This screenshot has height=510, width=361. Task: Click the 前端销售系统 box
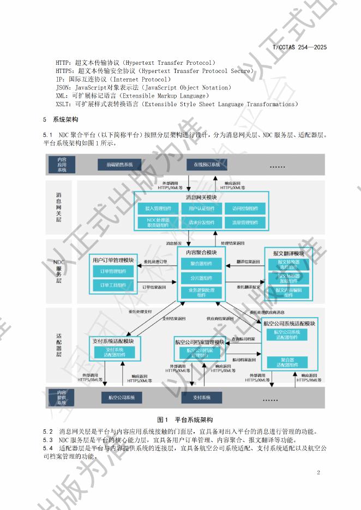119,165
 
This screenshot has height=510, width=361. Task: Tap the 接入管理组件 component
158,208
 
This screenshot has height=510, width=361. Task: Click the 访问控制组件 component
245,208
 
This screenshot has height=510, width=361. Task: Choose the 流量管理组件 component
245,222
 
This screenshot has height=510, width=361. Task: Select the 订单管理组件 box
113,271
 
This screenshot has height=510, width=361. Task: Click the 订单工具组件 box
113,285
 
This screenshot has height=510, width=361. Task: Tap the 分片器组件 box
202,278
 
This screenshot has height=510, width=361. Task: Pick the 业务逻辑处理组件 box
202,293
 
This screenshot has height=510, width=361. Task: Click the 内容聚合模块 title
202,253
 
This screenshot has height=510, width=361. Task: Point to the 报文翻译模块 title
288,254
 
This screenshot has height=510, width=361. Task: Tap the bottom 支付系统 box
202,397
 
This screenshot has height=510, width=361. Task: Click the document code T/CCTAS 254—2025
299,47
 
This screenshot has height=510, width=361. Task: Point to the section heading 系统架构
65,119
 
